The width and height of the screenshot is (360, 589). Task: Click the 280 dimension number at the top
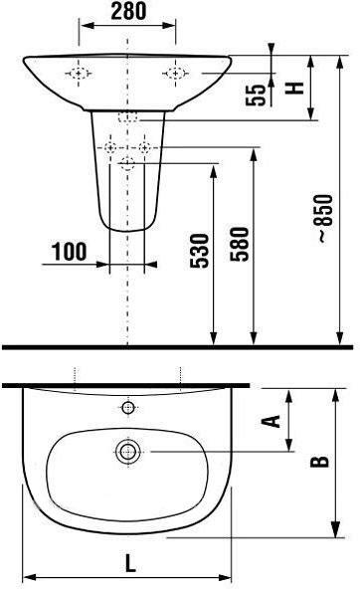(128, 11)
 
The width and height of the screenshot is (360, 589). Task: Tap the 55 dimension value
(256, 96)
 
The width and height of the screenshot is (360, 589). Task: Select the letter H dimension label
(294, 88)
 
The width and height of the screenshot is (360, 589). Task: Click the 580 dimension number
(240, 244)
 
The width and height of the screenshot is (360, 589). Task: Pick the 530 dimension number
(199, 251)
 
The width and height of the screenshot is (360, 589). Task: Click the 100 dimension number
(69, 252)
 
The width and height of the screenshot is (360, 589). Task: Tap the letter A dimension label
(270, 421)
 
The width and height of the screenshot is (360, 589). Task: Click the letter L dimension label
(130, 563)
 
